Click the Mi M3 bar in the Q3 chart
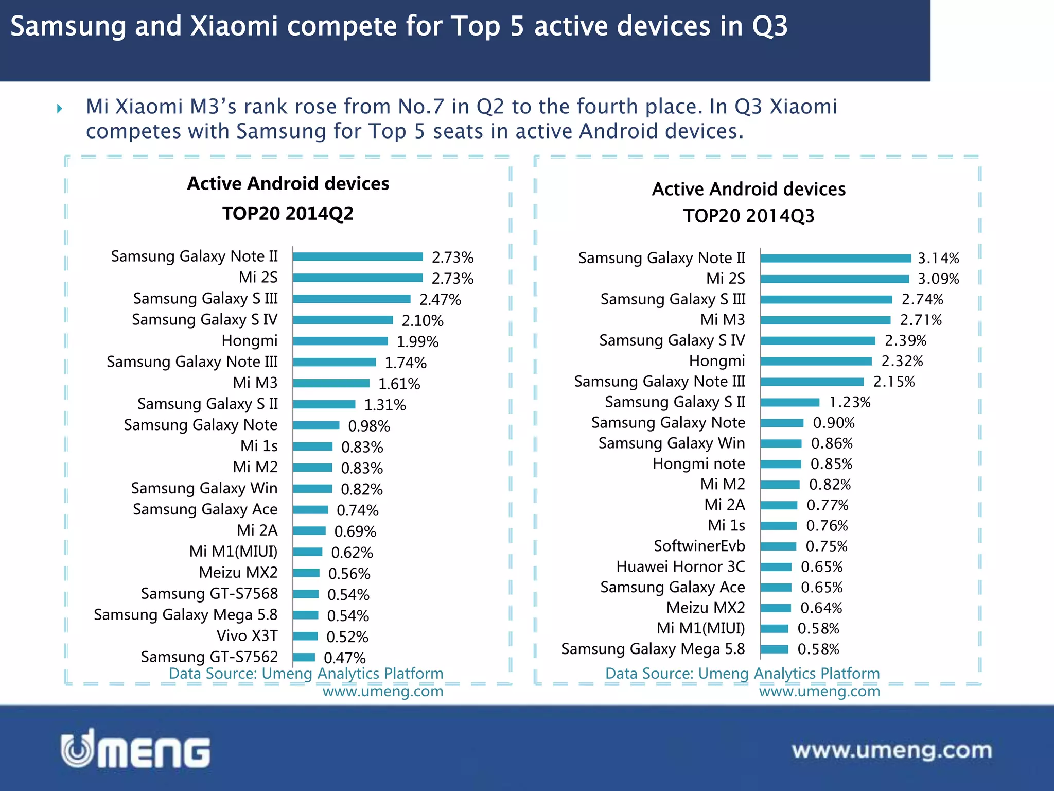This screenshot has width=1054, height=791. (825, 320)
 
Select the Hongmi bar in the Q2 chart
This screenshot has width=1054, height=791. (340, 341)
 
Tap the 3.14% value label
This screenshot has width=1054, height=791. (938, 258)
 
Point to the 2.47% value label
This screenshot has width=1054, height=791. (440, 299)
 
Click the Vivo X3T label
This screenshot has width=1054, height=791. (247, 635)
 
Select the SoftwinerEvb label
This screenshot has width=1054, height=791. (699, 546)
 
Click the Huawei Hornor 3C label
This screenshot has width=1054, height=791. (680, 566)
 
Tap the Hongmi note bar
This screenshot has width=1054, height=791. (781, 464)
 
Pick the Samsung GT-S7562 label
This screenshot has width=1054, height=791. (209, 657)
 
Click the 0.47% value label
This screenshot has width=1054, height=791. (344, 658)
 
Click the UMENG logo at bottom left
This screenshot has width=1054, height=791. (135, 750)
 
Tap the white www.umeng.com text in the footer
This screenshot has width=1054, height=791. (892, 750)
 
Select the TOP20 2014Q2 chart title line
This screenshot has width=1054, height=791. (288, 213)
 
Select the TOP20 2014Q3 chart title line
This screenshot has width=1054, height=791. (749, 216)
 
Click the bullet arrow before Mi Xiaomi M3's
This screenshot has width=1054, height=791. (60, 108)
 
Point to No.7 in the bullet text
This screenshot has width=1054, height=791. (421, 107)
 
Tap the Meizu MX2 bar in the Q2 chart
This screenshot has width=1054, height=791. (306, 573)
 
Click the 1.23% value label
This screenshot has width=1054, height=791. (850, 402)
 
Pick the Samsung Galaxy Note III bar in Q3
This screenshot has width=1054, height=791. (812, 382)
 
